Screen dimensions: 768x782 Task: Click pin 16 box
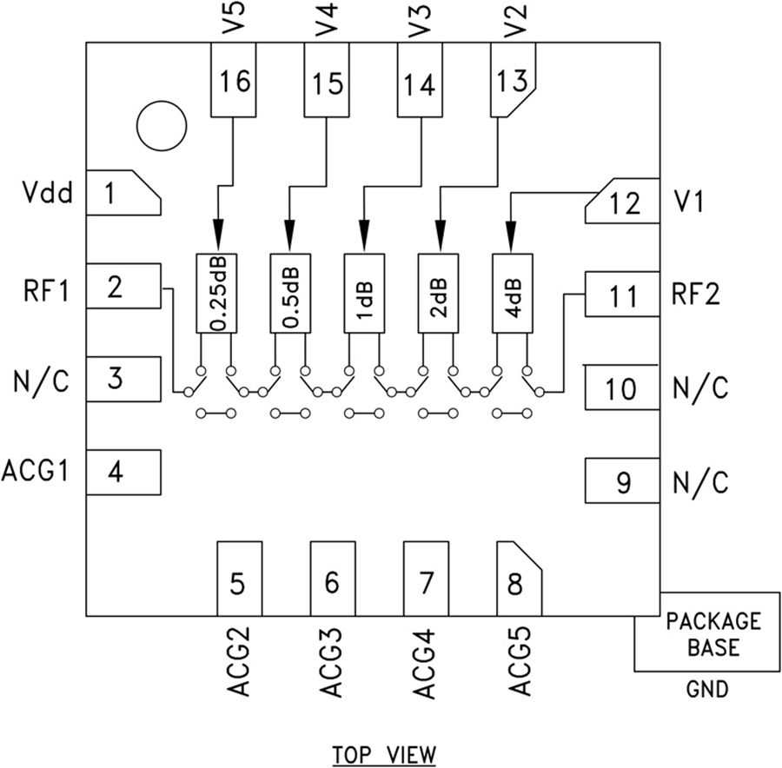[235, 82]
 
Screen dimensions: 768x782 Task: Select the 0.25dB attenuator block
[218, 293]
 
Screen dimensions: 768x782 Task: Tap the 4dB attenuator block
[514, 293]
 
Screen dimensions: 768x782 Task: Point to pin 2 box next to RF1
[123, 286]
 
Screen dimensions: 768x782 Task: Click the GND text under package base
[707, 690]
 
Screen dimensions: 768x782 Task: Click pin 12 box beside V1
[623, 202]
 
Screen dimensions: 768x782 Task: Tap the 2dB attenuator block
[440, 293]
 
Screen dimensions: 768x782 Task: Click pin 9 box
[622, 482]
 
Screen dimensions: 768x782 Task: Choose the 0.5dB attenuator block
[292, 293]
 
